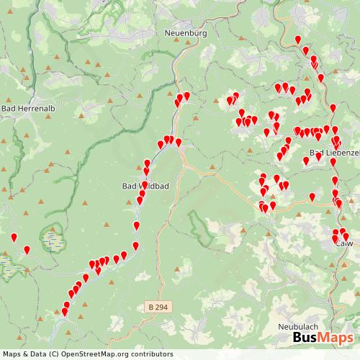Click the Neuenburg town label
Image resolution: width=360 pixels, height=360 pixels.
click(x=186, y=33)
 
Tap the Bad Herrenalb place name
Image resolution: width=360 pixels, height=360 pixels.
click(x=24, y=108)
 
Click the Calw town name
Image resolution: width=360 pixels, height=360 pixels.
click(x=345, y=243)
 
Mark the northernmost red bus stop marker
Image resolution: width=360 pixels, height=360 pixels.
click(x=298, y=40)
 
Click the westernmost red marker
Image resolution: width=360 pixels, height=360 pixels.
click(x=13, y=238)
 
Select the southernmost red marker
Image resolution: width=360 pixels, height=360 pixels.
click(x=64, y=312)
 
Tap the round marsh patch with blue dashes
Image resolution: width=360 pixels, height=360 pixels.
click(x=52, y=237)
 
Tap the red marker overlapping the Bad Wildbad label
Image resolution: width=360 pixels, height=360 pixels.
click(x=143, y=185)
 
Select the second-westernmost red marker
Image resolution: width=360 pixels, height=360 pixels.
click(x=27, y=250)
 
